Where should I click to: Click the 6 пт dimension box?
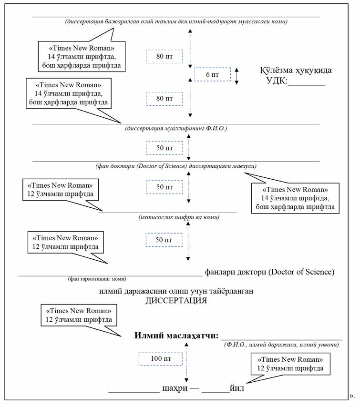[x=212, y=75]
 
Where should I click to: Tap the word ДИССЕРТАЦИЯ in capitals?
[x=176, y=301]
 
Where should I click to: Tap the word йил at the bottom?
[x=237, y=388]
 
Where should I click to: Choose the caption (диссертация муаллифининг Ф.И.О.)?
[x=176, y=128]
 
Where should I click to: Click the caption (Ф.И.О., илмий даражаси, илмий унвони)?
[x=281, y=344]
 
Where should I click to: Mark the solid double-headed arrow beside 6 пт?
[x=237, y=75]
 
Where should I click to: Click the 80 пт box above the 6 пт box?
[x=164, y=56]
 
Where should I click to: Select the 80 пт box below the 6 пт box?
[x=164, y=98]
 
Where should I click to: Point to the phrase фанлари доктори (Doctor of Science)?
[x=269, y=272]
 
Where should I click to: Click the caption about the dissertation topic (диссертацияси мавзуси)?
[x=176, y=166]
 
